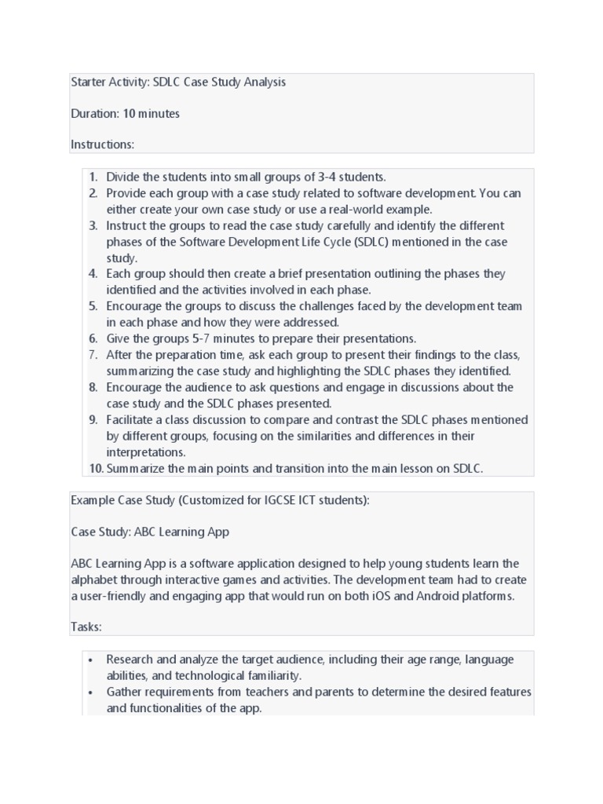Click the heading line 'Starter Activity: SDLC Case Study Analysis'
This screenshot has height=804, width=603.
(x=178, y=82)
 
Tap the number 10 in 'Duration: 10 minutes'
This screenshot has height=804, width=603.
(x=129, y=114)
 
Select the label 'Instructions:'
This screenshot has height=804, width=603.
(x=103, y=144)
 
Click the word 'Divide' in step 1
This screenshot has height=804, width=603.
(x=123, y=177)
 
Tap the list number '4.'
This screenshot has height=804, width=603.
(x=93, y=274)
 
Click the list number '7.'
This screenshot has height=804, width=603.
(x=93, y=355)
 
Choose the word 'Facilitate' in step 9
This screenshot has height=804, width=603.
(x=132, y=420)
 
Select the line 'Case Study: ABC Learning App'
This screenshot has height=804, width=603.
(x=150, y=532)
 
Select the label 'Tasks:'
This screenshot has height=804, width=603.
(x=86, y=627)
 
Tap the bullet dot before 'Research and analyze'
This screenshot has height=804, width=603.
(x=92, y=660)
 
